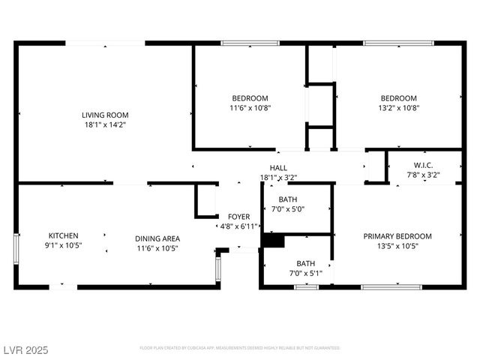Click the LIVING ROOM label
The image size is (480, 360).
click(105, 115)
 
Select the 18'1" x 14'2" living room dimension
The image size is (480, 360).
click(105, 124)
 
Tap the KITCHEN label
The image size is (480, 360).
click(64, 235)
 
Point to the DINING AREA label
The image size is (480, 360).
click(157, 238)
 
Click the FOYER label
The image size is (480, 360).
click(238, 216)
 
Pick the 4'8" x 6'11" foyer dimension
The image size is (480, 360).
click(238, 226)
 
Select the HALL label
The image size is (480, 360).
click(278, 167)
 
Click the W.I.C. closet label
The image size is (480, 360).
click(423, 165)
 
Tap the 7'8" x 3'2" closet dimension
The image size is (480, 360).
click(423, 175)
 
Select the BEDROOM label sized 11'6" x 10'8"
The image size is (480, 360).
click(250, 98)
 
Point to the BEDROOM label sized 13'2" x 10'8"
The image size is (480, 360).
click(398, 98)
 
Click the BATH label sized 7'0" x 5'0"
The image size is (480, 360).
click(288, 199)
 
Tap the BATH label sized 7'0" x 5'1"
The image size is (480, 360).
click(305, 263)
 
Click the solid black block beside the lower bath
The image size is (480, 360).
click(273, 241)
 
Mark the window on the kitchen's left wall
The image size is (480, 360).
click(16, 247)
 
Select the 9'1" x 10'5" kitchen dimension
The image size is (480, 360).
click(64, 244)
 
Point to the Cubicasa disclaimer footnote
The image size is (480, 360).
click(240, 348)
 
